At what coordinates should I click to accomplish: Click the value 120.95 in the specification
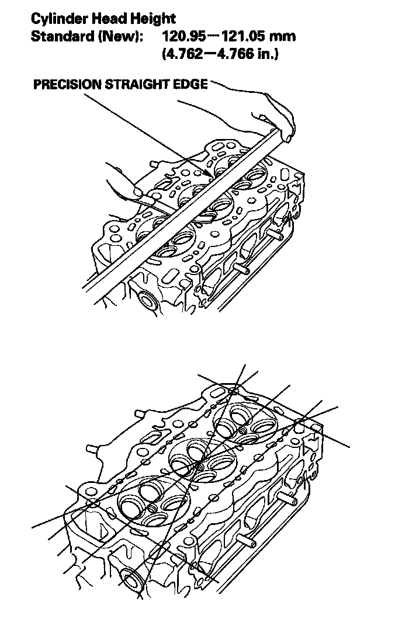point(184,36)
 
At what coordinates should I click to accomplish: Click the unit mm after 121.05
point(282,37)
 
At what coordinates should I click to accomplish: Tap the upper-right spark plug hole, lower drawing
point(242,430)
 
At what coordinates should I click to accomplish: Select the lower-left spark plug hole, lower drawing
point(153,507)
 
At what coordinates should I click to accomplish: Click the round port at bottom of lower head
point(133,578)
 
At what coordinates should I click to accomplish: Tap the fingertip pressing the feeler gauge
point(138,192)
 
